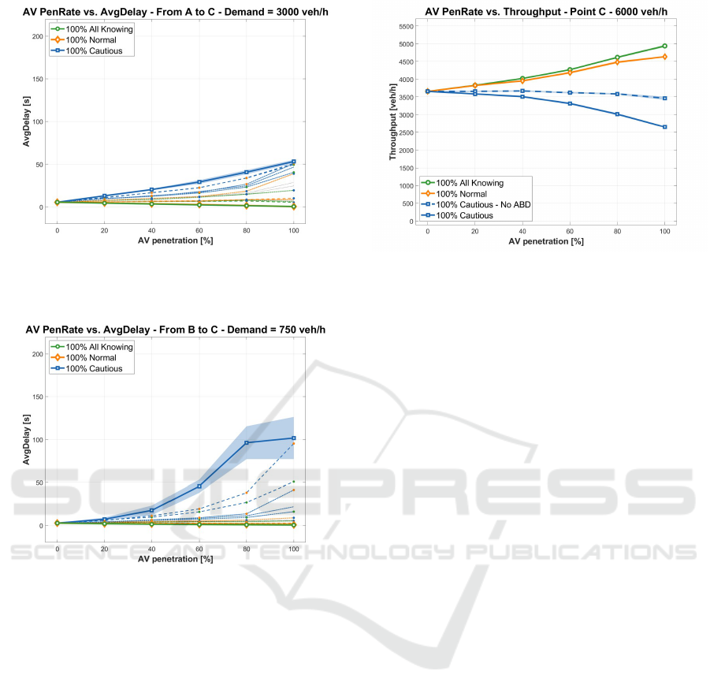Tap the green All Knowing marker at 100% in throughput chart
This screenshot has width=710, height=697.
664,46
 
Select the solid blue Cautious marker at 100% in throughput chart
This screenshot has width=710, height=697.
664,127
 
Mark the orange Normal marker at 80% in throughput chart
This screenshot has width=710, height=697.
617,61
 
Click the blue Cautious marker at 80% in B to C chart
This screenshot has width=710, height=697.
247,442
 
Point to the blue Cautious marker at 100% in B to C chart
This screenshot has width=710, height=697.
294,438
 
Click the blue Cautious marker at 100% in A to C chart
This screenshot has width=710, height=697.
294,162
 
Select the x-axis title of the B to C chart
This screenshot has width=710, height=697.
175,558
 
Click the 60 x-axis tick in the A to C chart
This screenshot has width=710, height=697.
199,230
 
